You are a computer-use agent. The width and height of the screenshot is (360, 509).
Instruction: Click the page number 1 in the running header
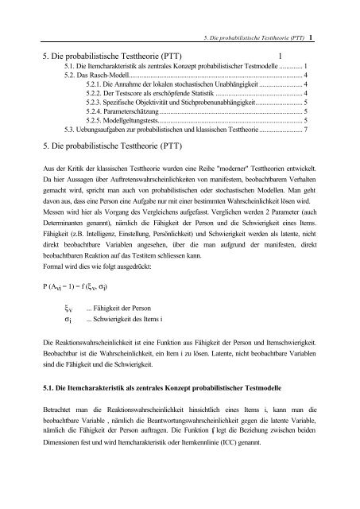319,37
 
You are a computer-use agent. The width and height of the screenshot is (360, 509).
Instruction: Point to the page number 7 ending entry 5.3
306,130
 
